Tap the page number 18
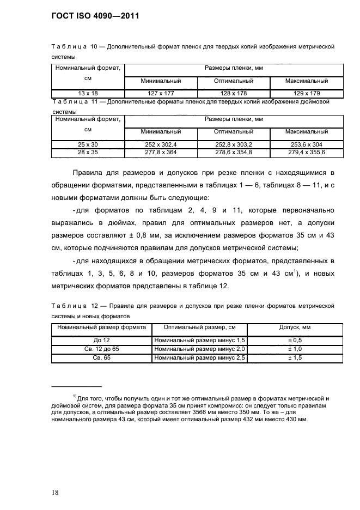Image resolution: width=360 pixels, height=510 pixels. click(56, 478)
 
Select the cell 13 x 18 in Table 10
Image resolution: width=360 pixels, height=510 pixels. click(88, 93)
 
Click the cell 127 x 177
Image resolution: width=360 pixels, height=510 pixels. click(161, 93)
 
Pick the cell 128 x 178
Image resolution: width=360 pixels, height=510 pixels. click(234, 93)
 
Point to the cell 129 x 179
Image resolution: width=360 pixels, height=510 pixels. click(307, 93)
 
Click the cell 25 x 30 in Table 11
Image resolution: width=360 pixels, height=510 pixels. click(88, 144)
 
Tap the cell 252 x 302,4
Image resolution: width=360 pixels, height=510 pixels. click(161, 144)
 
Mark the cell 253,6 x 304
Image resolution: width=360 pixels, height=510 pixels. click(307, 144)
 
